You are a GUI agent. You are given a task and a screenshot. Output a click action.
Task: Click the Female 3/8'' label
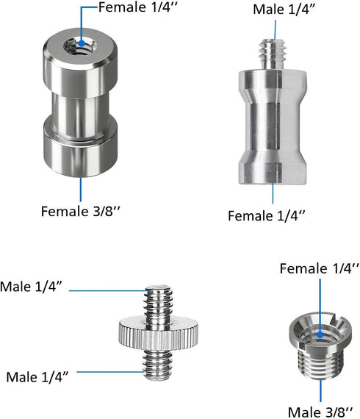[x=80, y=212]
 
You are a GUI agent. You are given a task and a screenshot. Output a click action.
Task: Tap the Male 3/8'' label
[x=320, y=412]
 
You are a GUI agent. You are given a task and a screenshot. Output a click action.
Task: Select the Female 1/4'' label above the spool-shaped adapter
[x=138, y=7]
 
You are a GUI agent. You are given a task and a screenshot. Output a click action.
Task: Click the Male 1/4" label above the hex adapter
[x=284, y=10]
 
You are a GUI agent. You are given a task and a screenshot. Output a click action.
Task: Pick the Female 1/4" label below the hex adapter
[x=267, y=215]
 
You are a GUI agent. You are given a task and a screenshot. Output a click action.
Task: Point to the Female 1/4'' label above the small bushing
[x=320, y=268]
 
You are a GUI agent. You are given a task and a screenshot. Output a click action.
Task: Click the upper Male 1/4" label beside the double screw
[x=31, y=287]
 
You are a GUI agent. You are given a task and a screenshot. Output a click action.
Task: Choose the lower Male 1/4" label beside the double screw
[x=37, y=377]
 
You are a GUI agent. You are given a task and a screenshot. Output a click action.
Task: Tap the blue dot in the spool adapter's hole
[x=82, y=43]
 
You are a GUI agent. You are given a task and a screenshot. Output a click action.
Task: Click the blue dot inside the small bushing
[x=320, y=334]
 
